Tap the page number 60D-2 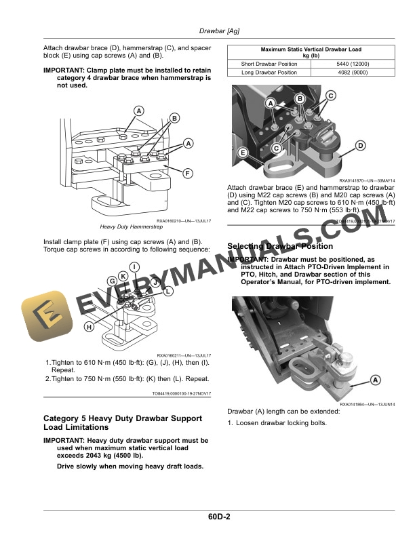coord(220,518)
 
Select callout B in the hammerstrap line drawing coord(174,119)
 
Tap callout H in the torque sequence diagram coord(89,327)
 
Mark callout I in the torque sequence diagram coord(135,266)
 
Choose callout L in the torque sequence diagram coord(169,290)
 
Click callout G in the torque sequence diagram coord(111,281)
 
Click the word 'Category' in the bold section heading coord(63,418)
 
